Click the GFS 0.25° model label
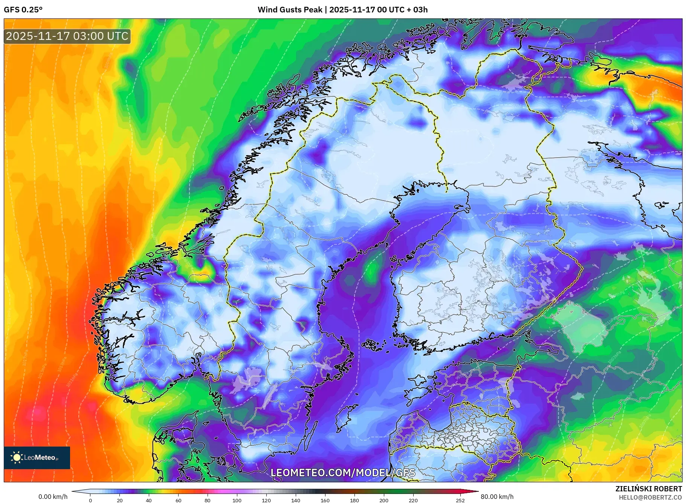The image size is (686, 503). point(23,10)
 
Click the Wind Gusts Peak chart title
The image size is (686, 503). point(342,10)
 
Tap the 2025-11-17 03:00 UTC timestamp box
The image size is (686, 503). point(67,36)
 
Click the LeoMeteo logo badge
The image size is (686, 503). point(37,457)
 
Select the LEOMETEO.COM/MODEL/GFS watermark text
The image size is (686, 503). point(343,473)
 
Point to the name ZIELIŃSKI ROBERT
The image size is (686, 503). point(648,489)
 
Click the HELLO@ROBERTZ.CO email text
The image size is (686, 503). point(650,497)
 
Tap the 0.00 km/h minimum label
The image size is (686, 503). point(53,497)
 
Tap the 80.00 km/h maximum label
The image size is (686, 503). point(497,497)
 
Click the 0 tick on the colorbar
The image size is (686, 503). point(90,500)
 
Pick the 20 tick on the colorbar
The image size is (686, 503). point(120,500)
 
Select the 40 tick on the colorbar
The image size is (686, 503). point(149,500)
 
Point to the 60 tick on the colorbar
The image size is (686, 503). point(178,500)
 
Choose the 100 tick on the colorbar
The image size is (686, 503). point(237,500)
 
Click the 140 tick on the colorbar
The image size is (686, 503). point(295,500)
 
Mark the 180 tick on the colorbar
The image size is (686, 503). point(354,500)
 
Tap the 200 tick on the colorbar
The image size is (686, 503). point(383,500)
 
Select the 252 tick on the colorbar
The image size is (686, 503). point(460,500)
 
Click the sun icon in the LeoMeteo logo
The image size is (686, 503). point(17,457)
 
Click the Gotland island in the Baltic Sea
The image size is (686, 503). point(344,418)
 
